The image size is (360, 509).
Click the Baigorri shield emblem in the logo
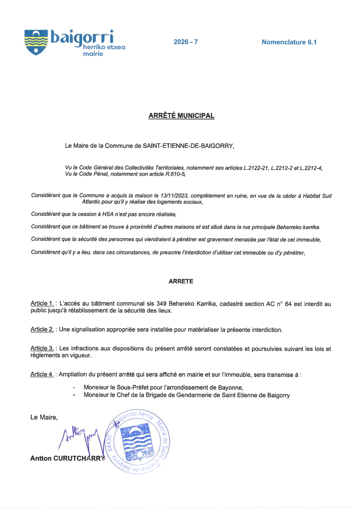click(36, 42)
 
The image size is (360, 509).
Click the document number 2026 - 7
click(186, 42)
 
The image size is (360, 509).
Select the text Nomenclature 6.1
click(289, 42)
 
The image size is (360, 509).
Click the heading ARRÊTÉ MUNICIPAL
click(181, 116)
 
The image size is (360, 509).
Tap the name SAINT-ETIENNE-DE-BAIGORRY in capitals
click(188, 146)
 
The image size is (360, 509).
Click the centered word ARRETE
click(181, 281)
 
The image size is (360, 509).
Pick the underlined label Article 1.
click(42, 304)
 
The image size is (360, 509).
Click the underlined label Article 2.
click(42, 329)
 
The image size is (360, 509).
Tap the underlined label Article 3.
click(42, 349)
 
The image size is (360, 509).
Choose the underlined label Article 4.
click(42, 374)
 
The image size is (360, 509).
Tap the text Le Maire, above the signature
click(44, 417)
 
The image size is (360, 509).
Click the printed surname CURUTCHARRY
click(82, 458)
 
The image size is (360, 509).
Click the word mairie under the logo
click(93, 54)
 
